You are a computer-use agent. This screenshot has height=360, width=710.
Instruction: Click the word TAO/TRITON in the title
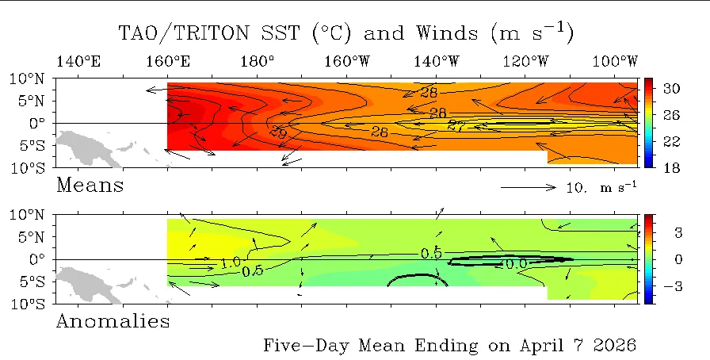tap(183, 33)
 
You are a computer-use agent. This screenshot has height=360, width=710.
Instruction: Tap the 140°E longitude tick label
tap(78, 62)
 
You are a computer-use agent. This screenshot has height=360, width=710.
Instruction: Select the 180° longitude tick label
tap(258, 62)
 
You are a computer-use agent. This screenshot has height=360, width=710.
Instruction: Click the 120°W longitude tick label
tap(525, 62)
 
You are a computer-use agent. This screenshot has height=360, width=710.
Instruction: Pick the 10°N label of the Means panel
tap(27, 79)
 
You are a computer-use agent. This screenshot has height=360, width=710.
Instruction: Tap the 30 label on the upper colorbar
tap(672, 88)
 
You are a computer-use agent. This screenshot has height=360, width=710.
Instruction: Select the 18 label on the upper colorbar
tap(672, 168)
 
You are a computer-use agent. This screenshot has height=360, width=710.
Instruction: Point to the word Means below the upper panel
tap(90, 186)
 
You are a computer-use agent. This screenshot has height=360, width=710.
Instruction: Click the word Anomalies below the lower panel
tap(113, 321)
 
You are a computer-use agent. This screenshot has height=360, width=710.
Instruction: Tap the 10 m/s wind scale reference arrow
tap(529, 187)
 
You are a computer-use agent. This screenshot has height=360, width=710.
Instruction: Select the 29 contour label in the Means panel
tap(278, 133)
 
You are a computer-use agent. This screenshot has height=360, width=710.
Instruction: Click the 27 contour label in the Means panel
tap(456, 125)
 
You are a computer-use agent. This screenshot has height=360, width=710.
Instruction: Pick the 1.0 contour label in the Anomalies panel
tap(231, 262)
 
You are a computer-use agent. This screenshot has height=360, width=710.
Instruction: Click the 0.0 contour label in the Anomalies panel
tap(516, 264)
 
